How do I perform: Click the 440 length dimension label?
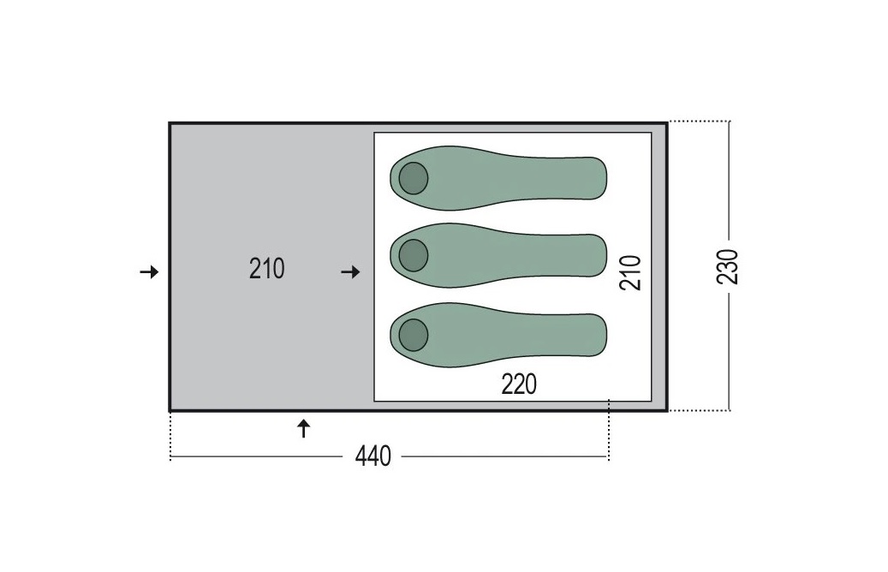[373, 456]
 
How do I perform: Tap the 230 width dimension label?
[728, 266]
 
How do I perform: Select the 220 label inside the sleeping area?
[519, 384]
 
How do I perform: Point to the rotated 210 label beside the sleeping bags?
[630, 273]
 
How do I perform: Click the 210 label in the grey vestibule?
[266, 269]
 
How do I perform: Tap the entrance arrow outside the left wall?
[150, 272]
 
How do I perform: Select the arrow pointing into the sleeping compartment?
[350, 272]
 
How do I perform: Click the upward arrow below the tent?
[304, 429]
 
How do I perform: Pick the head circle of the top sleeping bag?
[414, 178]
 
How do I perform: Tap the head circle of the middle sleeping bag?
[414, 255]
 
